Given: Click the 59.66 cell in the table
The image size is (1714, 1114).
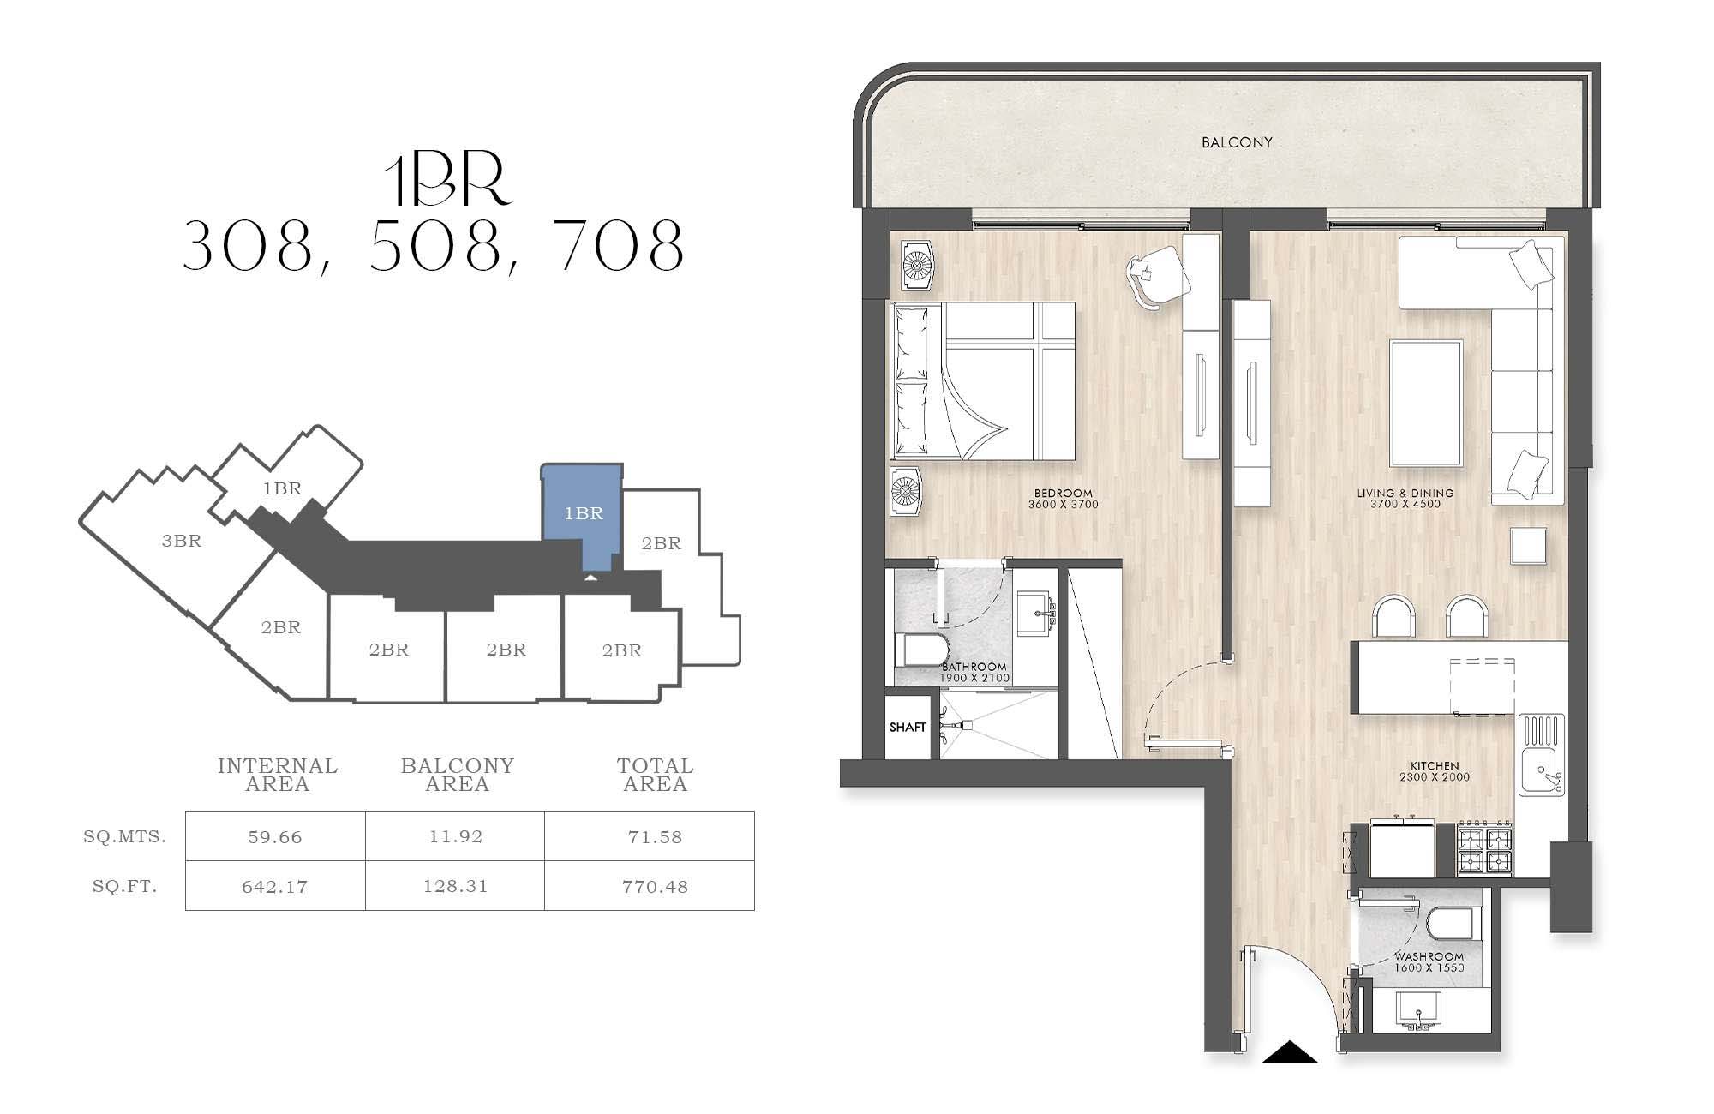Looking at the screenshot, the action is tap(275, 837).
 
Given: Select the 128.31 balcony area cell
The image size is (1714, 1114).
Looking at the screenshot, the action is tap(455, 886).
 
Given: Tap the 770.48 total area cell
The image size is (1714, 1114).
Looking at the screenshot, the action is tap(655, 886).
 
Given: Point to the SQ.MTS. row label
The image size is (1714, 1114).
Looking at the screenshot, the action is tap(125, 836).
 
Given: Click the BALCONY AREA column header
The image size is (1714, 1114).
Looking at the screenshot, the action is tap(458, 775).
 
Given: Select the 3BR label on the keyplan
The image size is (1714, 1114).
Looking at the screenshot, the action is tap(182, 541).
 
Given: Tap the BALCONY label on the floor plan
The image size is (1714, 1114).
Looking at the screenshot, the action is tap(1237, 142).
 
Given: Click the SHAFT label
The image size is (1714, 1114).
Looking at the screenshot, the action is tap(908, 728).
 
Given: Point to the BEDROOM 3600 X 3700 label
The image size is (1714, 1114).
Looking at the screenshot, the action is tap(1064, 499).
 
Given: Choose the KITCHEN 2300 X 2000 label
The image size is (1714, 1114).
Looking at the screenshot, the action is tap(1435, 771).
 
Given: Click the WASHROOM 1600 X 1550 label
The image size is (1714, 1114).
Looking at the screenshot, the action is tap(1429, 962).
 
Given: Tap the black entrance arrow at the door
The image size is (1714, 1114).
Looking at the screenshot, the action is tap(1290, 1051).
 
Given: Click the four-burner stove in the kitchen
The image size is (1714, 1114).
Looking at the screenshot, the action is tap(1485, 849).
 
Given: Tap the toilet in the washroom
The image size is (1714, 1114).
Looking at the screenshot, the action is tap(1450, 925).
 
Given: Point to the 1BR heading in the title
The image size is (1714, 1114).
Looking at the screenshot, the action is tap(447, 182).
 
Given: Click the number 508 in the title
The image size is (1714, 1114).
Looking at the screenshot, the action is tap(436, 246).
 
